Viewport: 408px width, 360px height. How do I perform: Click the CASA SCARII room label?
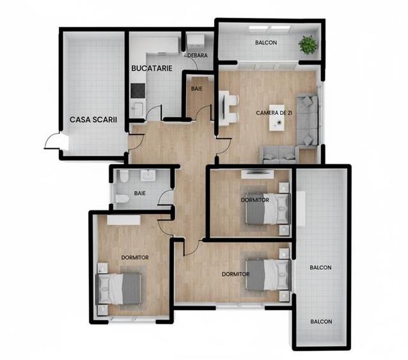click(x=93, y=120)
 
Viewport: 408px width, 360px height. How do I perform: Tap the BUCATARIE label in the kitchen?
click(x=152, y=67)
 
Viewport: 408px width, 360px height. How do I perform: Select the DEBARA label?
click(x=197, y=56)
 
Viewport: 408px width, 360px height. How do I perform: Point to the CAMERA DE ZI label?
click(x=274, y=113)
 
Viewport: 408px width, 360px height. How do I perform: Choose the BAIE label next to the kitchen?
click(x=197, y=89)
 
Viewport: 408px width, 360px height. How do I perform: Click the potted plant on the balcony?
click(x=308, y=44)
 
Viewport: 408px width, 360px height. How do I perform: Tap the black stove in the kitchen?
click(x=137, y=91)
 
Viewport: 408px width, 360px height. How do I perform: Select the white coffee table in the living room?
click(x=277, y=118)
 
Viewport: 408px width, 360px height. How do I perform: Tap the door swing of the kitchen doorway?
click(x=153, y=114)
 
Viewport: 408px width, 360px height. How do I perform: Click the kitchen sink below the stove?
click(x=137, y=107)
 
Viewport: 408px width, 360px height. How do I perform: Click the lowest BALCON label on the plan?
click(x=321, y=322)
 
